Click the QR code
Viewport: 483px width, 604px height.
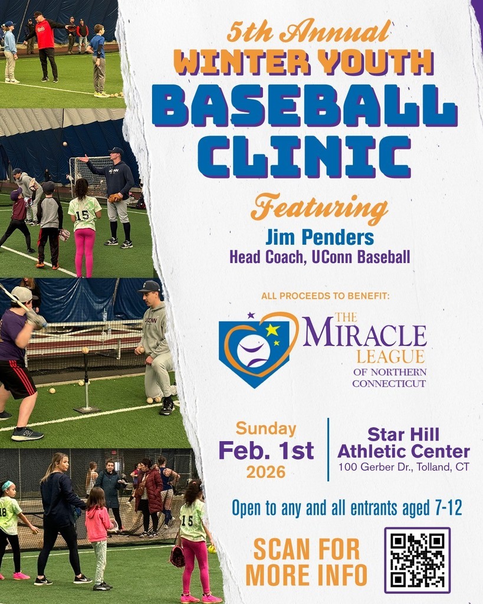[417, 560]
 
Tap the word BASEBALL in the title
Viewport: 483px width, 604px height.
[304, 106]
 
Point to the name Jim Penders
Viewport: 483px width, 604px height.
[319, 238]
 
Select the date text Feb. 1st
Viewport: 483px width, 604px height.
[266, 451]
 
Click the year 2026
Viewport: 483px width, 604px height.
[266, 472]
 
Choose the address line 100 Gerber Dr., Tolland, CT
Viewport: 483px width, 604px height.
[404, 467]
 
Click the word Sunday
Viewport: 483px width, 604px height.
[266, 429]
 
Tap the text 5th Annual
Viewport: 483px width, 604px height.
[309, 32]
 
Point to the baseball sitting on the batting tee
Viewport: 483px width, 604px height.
[85, 350]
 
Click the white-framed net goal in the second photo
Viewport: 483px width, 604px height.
[88, 176]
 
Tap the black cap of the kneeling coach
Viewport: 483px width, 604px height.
[149, 287]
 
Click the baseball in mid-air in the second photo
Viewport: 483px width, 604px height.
[65, 144]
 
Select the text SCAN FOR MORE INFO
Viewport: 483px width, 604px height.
[306, 562]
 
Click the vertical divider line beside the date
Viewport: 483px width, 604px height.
[328, 449]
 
